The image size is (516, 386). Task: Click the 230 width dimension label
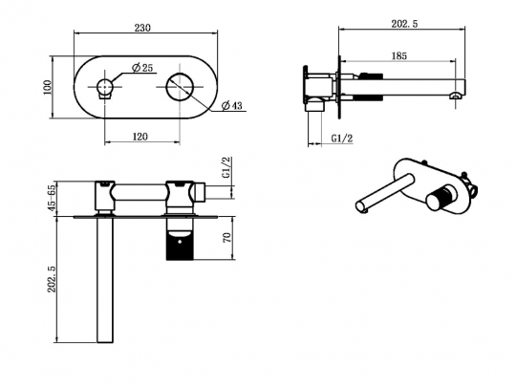click(x=142, y=28)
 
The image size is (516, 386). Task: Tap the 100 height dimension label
click(x=48, y=87)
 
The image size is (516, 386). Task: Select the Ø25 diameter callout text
click(x=142, y=68)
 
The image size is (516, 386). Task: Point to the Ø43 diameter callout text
click(x=231, y=106)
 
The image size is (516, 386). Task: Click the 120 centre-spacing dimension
click(x=140, y=137)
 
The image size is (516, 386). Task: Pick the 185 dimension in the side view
click(x=399, y=56)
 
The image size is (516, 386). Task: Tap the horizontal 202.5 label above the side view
click(x=404, y=24)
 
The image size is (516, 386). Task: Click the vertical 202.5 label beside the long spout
click(x=53, y=279)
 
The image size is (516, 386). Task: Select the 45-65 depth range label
click(x=52, y=199)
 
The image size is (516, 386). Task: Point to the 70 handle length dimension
click(x=227, y=238)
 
